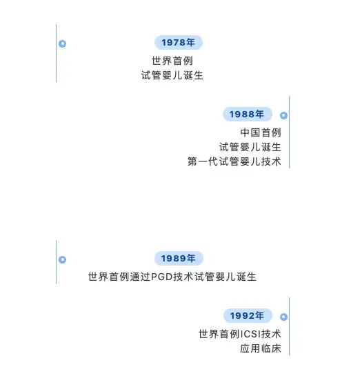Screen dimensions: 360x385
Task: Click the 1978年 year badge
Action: tap(179, 43)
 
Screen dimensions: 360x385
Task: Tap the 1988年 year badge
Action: tap(247, 114)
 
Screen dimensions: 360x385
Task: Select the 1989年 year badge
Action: tap(179, 258)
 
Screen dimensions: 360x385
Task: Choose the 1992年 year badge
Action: tap(248, 315)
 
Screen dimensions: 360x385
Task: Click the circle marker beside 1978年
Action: tap(62, 43)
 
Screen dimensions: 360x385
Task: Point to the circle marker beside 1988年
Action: tap(283, 115)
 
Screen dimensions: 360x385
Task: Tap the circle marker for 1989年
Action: tap(62, 259)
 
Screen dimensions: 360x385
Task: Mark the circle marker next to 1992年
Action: tap(283, 317)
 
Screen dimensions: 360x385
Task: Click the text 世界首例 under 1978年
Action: tap(172, 61)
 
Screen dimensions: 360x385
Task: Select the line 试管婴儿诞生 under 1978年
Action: tap(172, 75)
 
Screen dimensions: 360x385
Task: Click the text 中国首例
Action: tap(261, 132)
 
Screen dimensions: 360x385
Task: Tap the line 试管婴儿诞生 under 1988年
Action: tap(250, 147)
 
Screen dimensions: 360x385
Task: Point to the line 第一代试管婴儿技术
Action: tap(234, 161)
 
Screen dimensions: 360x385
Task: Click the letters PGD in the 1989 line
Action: tap(161, 277)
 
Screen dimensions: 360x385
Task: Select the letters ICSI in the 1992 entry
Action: tap(250, 334)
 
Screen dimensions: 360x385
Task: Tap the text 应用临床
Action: tap(261, 348)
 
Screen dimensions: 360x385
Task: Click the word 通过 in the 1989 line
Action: tap(140, 277)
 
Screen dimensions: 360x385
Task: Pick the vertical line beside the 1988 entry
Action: tap(290, 132)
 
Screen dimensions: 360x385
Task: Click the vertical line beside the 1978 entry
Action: tap(56, 53)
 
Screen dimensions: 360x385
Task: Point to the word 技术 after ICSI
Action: tap(271, 334)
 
